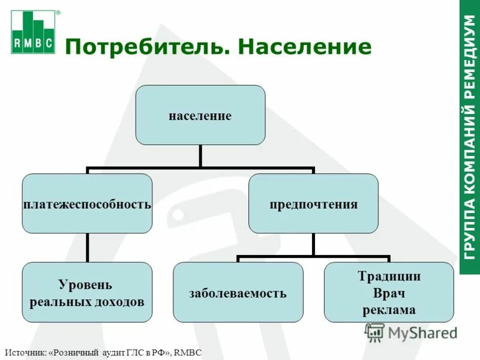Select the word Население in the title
click(x=305, y=46)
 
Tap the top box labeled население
click(x=200, y=115)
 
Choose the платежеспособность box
click(x=87, y=204)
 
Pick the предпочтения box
click(x=313, y=204)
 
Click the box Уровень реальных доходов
click(x=87, y=292)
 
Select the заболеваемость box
click(x=238, y=293)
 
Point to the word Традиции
click(x=389, y=277)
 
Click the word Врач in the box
click(x=389, y=293)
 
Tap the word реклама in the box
click(x=389, y=310)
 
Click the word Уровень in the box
click(x=85, y=284)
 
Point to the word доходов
click(x=119, y=301)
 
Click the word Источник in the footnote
click(x=25, y=353)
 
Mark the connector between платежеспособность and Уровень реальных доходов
click(x=87, y=247)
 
